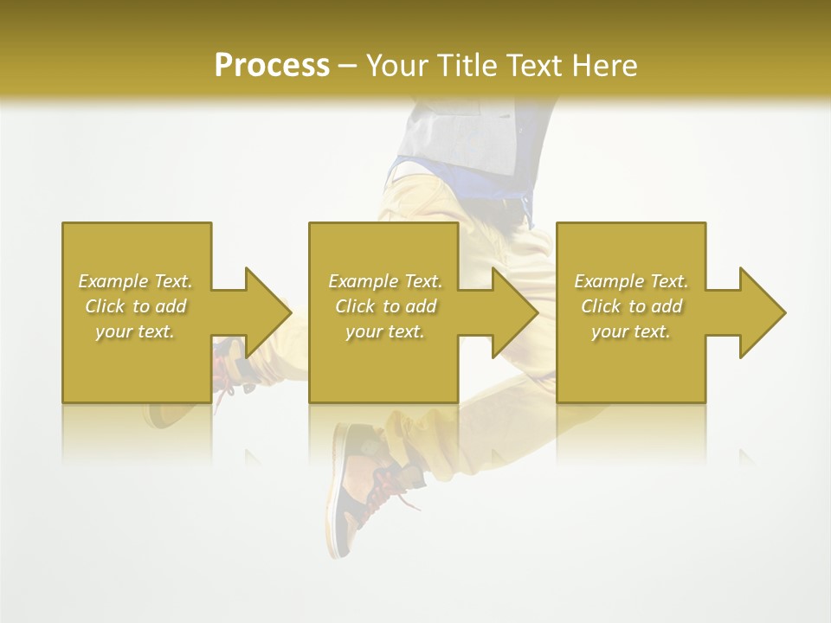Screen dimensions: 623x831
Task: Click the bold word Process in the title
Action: click(x=272, y=65)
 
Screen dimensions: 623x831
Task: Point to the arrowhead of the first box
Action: click(x=268, y=312)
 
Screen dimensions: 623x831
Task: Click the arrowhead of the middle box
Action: click(x=516, y=312)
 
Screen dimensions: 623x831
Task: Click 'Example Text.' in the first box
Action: click(x=135, y=281)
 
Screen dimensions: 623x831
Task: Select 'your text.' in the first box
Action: click(x=135, y=331)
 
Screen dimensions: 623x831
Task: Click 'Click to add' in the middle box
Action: click(x=384, y=306)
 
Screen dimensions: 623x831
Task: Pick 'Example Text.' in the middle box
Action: click(x=384, y=281)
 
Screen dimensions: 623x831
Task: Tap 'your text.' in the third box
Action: click(x=630, y=331)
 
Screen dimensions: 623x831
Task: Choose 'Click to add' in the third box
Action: click(x=630, y=306)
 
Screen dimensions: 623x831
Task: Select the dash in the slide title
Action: click(x=347, y=66)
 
